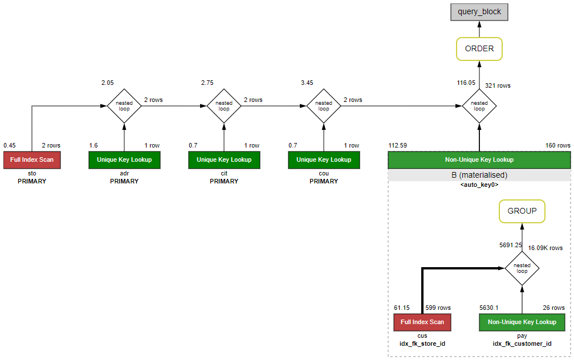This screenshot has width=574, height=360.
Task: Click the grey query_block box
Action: coord(479,11)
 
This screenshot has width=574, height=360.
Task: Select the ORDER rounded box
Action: coord(479,49)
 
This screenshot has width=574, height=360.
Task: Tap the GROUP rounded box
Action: coord(522,211)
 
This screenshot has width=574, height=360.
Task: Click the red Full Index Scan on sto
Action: coord(32,160)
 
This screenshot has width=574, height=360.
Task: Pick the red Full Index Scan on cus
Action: coord(422,322)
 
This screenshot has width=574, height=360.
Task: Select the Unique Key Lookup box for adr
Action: coord(124,160)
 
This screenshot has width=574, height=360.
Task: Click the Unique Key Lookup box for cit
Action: coord(224,160)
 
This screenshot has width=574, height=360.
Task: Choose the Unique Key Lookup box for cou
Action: coord(324,160)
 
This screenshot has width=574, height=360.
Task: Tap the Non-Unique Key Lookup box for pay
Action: coord(522,322)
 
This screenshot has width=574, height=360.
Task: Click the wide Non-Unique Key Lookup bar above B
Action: coord(479,160)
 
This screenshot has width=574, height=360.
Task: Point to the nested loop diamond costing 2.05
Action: coord(124,106)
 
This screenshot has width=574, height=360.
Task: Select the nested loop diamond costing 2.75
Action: coord(224,106)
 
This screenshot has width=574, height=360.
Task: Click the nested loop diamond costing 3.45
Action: coord(324,106)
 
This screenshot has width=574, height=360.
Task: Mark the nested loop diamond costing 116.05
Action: coord(479,106)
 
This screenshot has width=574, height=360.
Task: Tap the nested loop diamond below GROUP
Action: coord(522,268)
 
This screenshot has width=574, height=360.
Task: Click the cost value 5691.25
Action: coord(511,245)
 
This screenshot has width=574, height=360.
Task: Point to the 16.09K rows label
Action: coord(545,248)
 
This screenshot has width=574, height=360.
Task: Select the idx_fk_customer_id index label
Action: coord(522,344)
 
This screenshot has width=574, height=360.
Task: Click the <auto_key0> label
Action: coord(479,185)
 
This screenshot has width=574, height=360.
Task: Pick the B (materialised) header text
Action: coord(479,175)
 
